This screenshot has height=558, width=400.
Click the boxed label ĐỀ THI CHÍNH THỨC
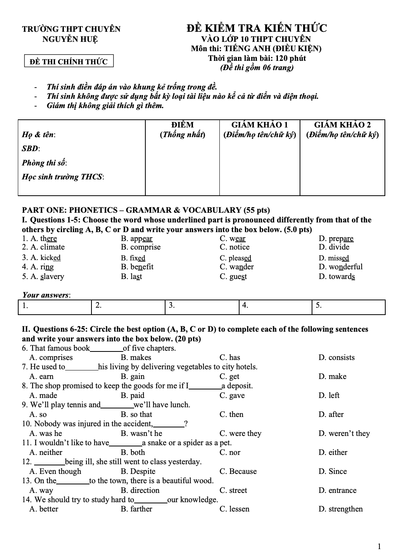click(x=69, y=61)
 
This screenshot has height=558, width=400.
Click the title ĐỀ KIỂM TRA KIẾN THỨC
click(x=256, y=28)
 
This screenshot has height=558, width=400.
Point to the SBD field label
click(x=31, y=148)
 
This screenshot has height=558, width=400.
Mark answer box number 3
click(x=202, y=307)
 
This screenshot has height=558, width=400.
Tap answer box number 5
click(x=348, y=307)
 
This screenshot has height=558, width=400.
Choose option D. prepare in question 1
click(x=336, y=239)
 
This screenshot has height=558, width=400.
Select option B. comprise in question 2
click(x=140, y=247)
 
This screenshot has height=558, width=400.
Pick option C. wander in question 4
click(x=236, y=267)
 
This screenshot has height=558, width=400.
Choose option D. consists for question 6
click(x=336, y=358)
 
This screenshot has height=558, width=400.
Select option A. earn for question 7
click(x=41, y=377)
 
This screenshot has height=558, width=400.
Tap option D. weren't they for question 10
click(x=344, y=434)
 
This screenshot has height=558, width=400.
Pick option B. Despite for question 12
click(x=138, y=472)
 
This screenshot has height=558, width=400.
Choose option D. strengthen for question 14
click(x=341, y=509)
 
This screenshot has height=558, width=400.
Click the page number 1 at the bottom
click(x=379, y=547)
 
